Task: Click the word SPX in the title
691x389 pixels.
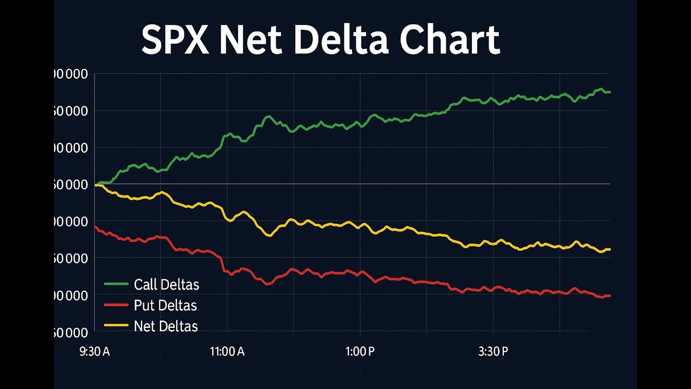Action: click(175, 39)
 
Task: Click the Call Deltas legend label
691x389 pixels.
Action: click(166, 285)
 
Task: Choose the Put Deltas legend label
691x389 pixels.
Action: click(165, 306)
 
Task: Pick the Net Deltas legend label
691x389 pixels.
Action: click(166, 326)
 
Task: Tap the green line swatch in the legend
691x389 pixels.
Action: click(116, 284)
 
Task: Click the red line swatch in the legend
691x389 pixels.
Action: click(116, 305)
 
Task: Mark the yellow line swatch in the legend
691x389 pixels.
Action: click(116, 326)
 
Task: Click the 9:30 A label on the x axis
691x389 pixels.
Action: click(94, 352)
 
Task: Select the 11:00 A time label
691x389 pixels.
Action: click(227, 352)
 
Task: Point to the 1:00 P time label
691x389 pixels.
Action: click(360, 352)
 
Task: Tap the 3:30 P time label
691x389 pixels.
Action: click(493, 352)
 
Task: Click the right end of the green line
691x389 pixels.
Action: click(609, 92)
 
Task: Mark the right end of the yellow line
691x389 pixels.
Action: click(609, 249)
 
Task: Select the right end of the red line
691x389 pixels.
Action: click(609, 296)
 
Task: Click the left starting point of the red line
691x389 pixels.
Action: click(95, 227)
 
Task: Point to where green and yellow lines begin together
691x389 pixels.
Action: click(96, 185)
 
